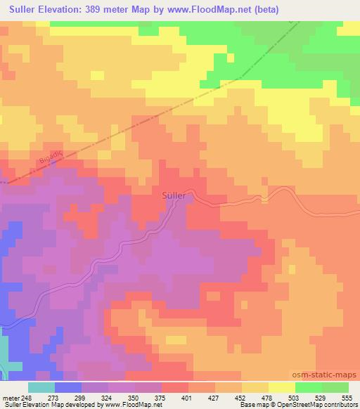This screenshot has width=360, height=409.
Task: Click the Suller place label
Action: point(174,195)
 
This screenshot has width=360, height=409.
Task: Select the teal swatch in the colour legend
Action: point(41,387)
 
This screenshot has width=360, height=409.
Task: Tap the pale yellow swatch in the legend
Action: point(281,387)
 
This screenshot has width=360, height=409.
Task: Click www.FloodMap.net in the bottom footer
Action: point(137,405)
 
